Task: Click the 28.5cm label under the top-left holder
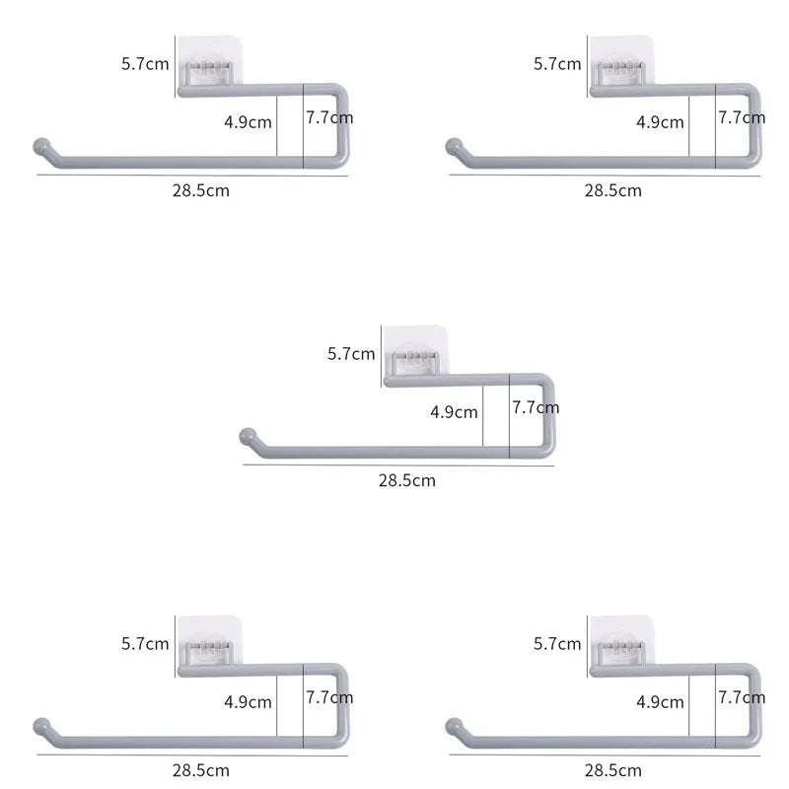[201, 190]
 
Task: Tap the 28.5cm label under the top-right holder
[612, 190]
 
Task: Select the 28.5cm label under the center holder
[407, 480]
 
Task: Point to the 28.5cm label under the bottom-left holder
[201, 770]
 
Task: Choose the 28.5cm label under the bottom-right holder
[612, 770]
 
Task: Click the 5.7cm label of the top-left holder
[145, 64]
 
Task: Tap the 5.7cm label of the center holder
[351, 354]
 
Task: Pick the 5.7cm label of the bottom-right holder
[557, 644]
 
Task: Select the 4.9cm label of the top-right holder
[660, 122]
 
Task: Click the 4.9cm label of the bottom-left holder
[249, 702]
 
